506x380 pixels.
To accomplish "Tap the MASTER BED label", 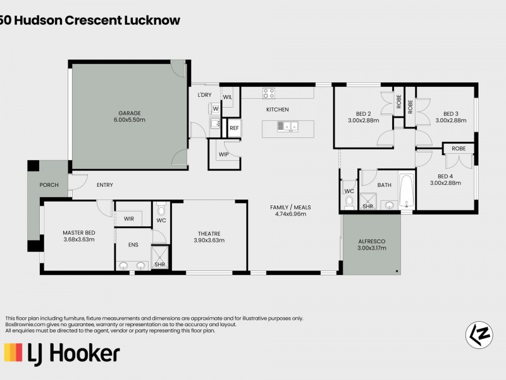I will click(78, 232).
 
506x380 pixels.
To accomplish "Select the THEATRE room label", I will click(208, 232).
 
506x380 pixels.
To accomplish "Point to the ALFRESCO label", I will click(371, 242).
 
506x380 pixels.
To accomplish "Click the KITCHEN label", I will click(277, 110).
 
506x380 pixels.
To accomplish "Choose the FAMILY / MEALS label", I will click(290, 207).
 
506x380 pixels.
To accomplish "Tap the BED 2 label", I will click(363, 113).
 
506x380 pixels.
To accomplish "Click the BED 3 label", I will click(450, 113).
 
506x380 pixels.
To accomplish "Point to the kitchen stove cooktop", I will click(269, 93).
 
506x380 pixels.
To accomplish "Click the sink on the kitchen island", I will click(287, 128).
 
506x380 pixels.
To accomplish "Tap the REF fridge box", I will click(234, 128).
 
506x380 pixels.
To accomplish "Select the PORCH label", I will click(48, 186).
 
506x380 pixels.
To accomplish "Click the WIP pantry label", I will click(223, 154).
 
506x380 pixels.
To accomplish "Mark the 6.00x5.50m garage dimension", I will click(129, 120).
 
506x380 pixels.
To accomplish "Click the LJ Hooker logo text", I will click(62, 352).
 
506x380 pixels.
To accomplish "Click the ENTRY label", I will click(105, 185).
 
